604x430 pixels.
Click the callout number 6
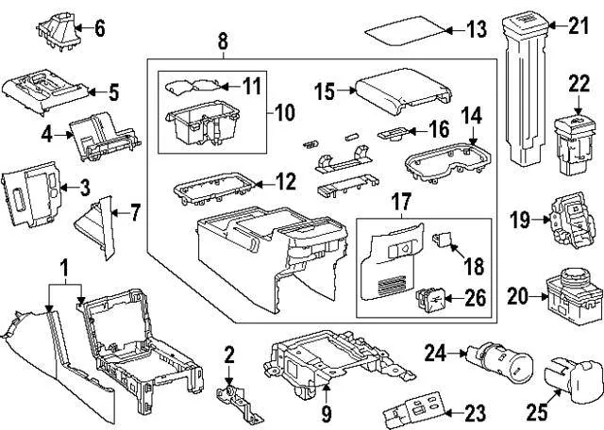coord(99,28)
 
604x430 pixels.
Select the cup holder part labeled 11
coord(198,89)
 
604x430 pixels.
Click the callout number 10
coord(284,113)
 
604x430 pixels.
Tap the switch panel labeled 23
coord(412,413)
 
